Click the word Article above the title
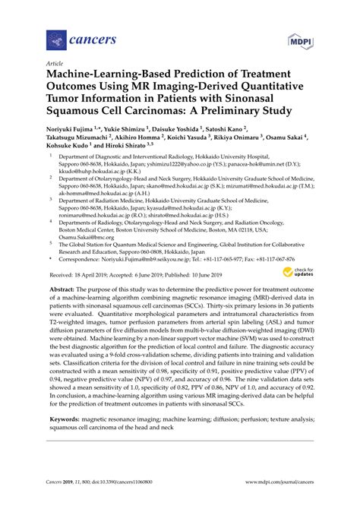point(54,65)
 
